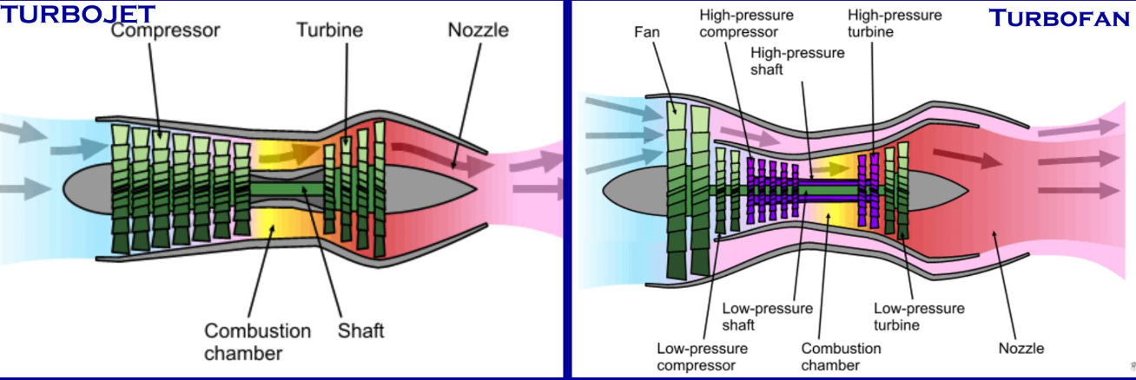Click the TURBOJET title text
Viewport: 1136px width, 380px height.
77,13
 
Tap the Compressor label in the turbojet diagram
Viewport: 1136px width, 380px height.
165,30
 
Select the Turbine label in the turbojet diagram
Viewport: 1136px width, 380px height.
329,30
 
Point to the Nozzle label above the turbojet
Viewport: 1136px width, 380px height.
478,30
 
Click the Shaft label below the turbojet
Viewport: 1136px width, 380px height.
360,331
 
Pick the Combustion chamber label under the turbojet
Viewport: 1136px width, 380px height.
257,342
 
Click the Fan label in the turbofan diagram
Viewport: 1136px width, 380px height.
647,32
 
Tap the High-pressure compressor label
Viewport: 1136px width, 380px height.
746,24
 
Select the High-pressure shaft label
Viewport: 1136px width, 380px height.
796,61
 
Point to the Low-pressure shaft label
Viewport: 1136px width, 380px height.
767,317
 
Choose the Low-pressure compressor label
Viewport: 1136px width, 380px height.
701,357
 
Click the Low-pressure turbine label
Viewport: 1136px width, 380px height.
918,317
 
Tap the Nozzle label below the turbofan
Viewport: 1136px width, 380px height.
1020,349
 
